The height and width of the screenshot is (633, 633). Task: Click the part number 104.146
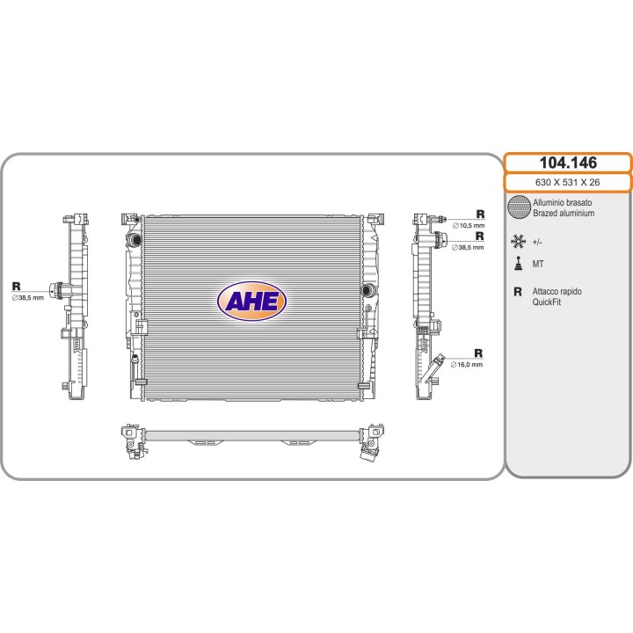568,163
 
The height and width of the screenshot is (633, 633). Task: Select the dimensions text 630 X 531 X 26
567,183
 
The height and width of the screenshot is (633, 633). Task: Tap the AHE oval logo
252,302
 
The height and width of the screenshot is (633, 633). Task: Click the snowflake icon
519,242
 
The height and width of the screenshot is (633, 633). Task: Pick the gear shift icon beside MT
519,264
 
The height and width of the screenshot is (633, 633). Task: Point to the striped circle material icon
519,207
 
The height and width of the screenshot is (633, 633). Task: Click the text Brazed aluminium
564,213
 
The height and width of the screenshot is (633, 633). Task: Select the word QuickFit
546,302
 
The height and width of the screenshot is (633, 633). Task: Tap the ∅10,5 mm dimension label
469,226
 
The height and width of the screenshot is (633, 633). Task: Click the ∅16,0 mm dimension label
466,365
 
